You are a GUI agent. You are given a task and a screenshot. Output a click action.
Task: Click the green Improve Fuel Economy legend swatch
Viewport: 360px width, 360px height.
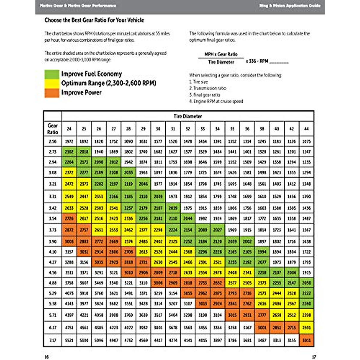click(x=52, y=74)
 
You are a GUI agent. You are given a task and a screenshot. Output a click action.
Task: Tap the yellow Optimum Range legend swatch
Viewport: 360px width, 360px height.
click(x=52, y=83)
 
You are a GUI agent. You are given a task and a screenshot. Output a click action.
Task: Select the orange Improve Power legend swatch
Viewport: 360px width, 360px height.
click(x=52, y=93)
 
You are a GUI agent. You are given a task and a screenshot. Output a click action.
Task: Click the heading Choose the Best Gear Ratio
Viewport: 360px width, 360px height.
click(x=94, y=20)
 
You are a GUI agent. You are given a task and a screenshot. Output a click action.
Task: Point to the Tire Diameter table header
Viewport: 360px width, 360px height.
click(x=187, y=116)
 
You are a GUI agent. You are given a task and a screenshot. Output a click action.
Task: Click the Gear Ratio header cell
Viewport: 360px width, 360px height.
click(x=52, y=129)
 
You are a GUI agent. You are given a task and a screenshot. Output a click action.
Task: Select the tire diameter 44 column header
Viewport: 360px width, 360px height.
click(x=306, y=129)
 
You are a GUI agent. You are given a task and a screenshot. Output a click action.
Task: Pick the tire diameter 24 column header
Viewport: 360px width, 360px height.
click(x=69, y=129)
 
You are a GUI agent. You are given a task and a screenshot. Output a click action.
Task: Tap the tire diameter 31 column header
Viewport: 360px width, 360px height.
click(x=173, y=129)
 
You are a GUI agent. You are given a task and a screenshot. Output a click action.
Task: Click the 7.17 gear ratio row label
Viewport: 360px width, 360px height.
click(x=52, y=340)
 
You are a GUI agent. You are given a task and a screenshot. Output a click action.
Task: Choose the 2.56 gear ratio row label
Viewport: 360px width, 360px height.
click(x=52, y=141)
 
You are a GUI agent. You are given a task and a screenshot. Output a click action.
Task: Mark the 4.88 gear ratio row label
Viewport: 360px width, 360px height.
click(x=52, y=283)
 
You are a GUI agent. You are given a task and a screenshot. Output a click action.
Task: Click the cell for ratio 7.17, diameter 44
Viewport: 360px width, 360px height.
click(x=306, y=340)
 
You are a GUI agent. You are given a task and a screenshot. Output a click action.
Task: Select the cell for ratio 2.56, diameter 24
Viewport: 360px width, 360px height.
click(x=69, y=141)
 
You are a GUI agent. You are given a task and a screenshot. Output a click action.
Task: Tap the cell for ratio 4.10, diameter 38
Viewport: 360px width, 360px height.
click(x=262, y=252)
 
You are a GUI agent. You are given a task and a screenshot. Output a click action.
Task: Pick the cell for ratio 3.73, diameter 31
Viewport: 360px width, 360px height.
click(x=173, y=230)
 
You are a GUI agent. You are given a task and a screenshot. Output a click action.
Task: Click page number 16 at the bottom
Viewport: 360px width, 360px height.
click(x=46, y=357)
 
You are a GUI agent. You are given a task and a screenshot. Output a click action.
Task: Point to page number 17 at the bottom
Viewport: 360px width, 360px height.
click(x=314, y=357)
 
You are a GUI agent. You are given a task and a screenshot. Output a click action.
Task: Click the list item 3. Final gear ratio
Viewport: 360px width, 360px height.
click(x=205, y=95)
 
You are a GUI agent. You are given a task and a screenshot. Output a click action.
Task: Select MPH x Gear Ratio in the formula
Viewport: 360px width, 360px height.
click(x=221, y=54)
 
